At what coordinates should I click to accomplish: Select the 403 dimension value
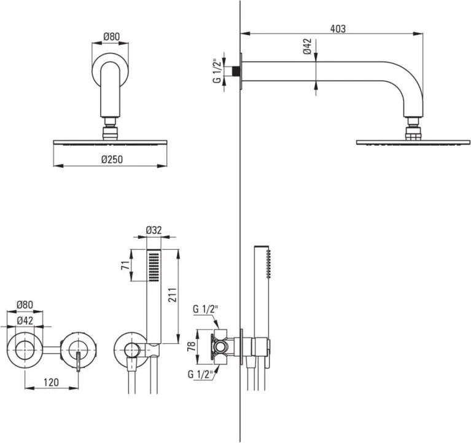click(x=337, y=28)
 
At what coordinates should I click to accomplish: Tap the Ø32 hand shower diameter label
click(x=154, y=230)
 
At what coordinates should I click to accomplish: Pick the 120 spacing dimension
click(x=52, y=382)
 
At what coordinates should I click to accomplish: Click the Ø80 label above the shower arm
click(x=111, y=36)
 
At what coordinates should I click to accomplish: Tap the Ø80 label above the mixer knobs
click(x=25, y=305)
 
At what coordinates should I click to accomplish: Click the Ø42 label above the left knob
click(x=25, y=320)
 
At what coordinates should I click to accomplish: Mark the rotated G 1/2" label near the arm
click(x=216, y=71)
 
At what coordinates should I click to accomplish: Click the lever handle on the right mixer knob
click(x=79, y=361)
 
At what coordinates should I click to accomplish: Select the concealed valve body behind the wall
click(x=222, y=348)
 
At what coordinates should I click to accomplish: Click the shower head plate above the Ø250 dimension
click(x=110, y=142)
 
